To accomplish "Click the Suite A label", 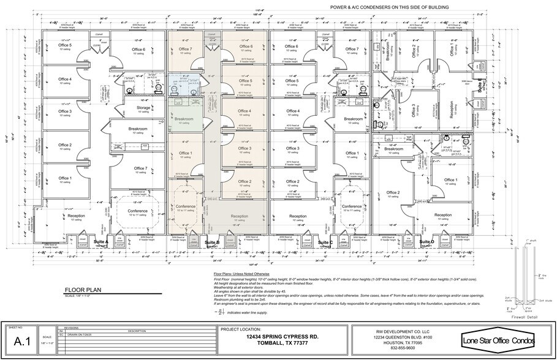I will click(101, 242).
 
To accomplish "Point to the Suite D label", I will click(427, 242).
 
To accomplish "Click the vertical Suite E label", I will click(480, 86).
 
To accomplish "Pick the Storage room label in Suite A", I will click(143, 108).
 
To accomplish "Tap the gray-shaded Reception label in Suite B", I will click(240, 216).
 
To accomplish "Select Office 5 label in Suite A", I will click(65, 45).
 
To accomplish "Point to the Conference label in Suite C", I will click(352, 206).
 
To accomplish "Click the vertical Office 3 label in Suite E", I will click(414, 114).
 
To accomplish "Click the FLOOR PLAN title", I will click(86, 292).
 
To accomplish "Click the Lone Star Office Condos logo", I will click(499, 340).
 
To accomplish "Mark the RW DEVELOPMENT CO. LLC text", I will click(403, 331).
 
